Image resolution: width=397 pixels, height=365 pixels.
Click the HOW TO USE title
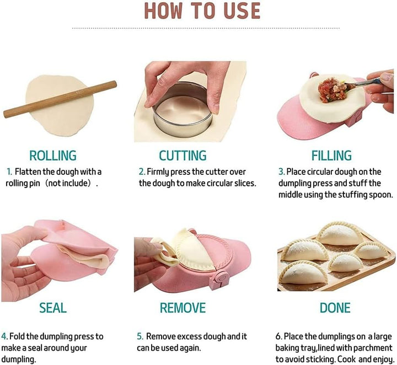[202, 11]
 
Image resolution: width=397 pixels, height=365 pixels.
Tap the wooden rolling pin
[60, 99]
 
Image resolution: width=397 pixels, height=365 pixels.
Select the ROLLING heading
[53, 155]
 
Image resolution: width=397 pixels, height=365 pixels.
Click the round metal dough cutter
[183, 110]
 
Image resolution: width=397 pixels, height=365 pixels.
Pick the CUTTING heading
[183, 155]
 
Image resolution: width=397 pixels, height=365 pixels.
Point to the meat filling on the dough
[333, 90]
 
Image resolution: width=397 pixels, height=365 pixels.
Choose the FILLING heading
[331, 155]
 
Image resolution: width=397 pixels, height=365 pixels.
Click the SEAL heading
[53, 308]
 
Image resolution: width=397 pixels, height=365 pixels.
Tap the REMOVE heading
[183, 308]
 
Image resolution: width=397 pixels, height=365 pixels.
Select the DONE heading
[335, 308]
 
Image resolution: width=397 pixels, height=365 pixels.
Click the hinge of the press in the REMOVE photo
[218, 279]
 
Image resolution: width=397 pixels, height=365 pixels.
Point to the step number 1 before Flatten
[9, 172]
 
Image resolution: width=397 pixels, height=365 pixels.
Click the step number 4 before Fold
[4, 336]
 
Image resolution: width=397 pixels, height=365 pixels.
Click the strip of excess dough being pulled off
[165, 253]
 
